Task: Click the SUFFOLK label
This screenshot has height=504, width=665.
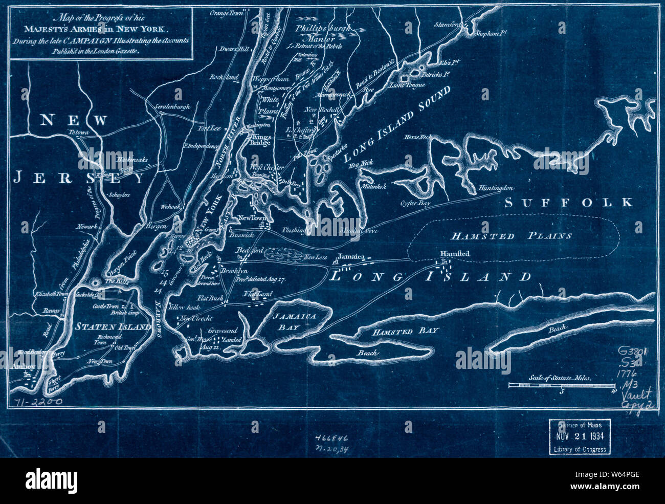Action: pos(568,203)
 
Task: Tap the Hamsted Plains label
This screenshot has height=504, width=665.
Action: pos(511,236)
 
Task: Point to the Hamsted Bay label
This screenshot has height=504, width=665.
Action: pos(405,331)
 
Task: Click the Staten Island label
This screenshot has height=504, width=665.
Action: pos(113,326)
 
